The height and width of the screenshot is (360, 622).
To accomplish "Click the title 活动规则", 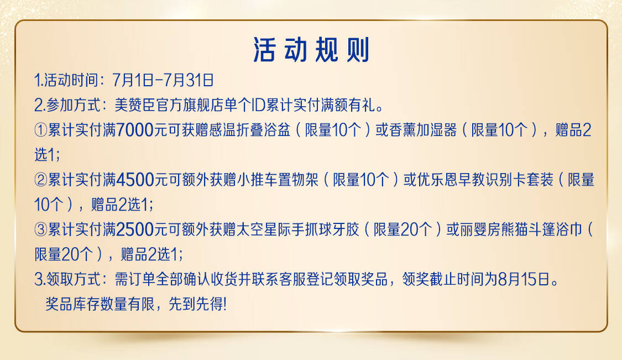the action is tap(311, 50).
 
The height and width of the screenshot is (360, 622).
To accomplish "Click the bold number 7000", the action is tap(135, 130).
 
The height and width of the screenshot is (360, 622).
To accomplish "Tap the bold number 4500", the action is tap(135, 180).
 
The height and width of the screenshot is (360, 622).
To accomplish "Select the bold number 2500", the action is tap(135, 229).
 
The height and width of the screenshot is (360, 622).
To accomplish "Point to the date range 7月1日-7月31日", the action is tap(163, 80).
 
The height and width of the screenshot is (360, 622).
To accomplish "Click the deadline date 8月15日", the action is tap(524, 279).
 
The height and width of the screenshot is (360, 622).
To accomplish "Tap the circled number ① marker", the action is tap(41, 130).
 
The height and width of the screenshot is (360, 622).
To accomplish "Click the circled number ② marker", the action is tap(41, 180).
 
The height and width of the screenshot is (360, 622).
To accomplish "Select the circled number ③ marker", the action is tap(41, 229).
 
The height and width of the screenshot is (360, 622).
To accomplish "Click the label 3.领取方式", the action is tap(67, 279).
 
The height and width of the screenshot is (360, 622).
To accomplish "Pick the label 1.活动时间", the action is tap(66, 80).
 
